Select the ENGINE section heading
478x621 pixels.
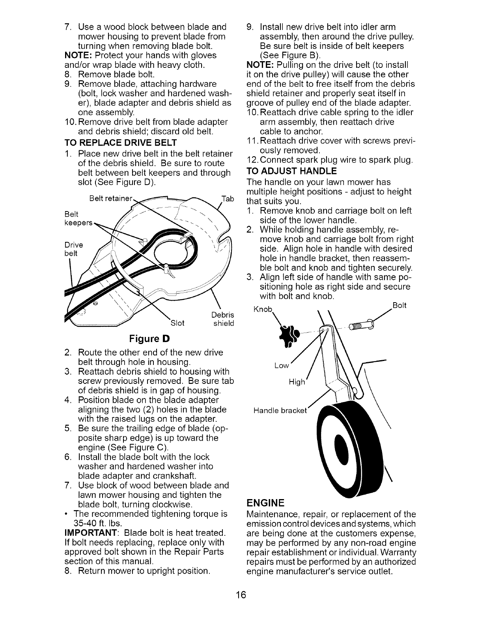pos(265,503)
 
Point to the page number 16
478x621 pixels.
pos(239,595)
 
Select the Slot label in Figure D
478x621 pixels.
pos(177,324)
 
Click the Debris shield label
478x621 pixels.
pos(223,319)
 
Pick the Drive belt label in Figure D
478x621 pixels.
pos(71,249)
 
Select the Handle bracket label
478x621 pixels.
pos(280,411)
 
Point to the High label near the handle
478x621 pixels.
pos(297,382)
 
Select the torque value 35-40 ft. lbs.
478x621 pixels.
pos(100,523)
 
